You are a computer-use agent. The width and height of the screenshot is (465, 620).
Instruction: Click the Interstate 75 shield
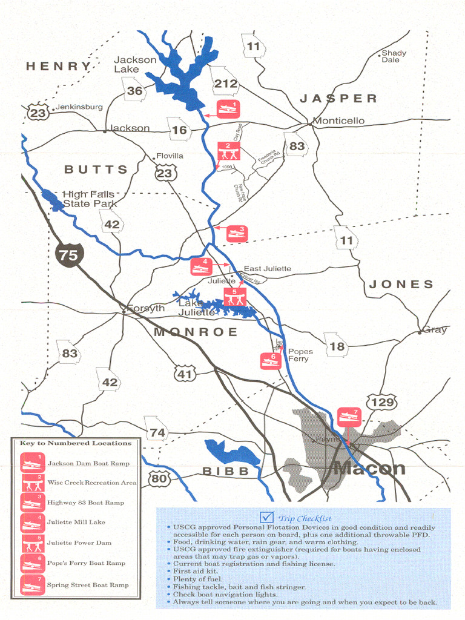point(68,254)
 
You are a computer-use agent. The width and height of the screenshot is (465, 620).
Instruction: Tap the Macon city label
point(369,468)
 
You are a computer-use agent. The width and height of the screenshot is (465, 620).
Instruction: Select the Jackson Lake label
point(135,64)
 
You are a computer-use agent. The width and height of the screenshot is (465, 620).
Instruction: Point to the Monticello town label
point(338,120)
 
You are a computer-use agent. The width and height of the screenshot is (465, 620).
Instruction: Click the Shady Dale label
point(394,56)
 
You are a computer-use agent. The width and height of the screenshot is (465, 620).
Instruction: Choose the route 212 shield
point(225,83)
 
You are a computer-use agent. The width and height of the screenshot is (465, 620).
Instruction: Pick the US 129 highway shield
point(381,402)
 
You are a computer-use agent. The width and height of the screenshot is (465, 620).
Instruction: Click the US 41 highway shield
point(185,374)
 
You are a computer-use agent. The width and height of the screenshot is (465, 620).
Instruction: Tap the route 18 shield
point(337,346)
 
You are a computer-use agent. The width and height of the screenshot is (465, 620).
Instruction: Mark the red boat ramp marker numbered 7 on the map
point(349,417)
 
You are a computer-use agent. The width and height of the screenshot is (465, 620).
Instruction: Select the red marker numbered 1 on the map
point(228,109)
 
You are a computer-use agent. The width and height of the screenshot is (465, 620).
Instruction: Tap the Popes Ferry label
point(300,355)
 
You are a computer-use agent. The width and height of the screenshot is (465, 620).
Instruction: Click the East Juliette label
point(267,268)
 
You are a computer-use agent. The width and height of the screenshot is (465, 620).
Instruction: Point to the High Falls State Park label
point(89,199)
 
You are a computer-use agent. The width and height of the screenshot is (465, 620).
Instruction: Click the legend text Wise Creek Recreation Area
point(92,483)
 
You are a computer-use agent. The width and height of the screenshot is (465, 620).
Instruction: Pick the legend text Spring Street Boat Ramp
point(88,585)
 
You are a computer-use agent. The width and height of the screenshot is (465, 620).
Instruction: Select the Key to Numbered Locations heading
point(76,443)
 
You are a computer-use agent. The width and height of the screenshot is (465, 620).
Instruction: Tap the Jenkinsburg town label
point(79,107)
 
